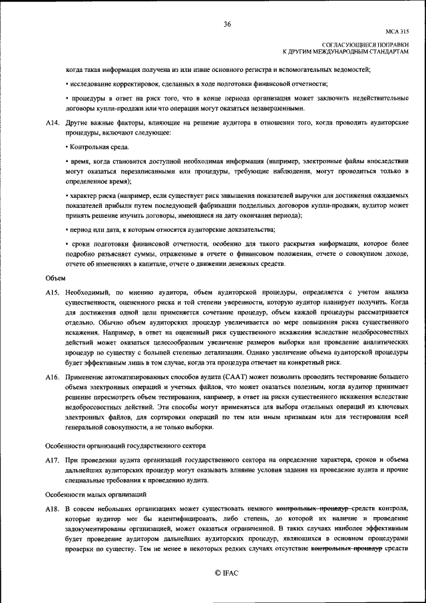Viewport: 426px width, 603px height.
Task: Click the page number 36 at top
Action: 227,24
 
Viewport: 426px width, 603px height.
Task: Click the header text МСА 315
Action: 397,31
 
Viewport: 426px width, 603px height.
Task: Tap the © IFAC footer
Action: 226,573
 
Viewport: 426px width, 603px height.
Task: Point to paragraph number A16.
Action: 52,378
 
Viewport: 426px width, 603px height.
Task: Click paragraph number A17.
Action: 52,460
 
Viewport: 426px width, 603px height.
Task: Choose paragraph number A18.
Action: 52,509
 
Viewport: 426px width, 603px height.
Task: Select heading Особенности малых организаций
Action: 95,494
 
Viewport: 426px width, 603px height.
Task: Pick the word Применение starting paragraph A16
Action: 85,378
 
